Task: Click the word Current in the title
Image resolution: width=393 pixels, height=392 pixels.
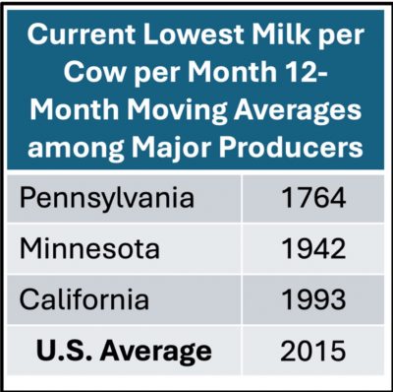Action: click(82, 34)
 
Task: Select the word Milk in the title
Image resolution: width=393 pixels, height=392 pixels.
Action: click(281, 34)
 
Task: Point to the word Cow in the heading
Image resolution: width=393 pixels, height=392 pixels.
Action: click(94, 72)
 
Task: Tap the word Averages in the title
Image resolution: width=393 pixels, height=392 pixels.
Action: click(298, 110)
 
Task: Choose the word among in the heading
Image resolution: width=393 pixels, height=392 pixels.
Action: click(76, 148)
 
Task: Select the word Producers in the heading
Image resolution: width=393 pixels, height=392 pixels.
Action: click(291, 147)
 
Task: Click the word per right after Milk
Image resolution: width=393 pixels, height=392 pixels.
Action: click(341, 36)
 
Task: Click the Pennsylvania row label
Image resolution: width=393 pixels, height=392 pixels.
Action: click(107, 199)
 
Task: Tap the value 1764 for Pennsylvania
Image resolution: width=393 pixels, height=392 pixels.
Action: click(313, 198)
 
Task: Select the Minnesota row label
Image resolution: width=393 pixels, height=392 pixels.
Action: click(89, 249)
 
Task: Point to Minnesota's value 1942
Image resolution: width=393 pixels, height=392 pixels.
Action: click(313, 249)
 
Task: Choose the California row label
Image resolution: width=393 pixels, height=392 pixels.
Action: click(84, 299)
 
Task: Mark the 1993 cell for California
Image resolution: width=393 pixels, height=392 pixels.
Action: click(313, 299)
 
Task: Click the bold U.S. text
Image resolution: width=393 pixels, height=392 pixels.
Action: click(64, 351)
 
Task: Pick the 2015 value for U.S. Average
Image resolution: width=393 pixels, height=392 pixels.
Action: click(313, 351)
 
